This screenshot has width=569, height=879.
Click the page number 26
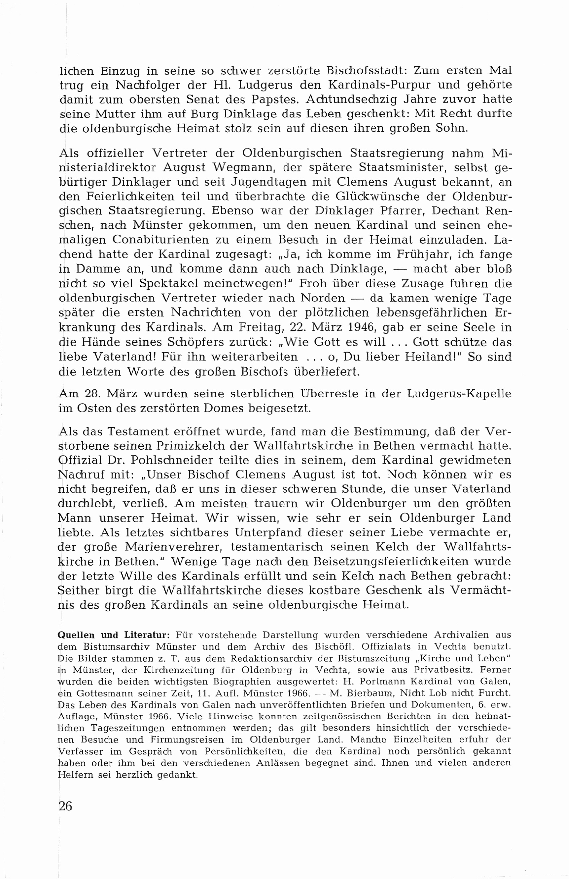(66, 806)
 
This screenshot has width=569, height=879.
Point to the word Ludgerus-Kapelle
(459, 394)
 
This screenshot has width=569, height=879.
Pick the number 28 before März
(92, 394)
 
